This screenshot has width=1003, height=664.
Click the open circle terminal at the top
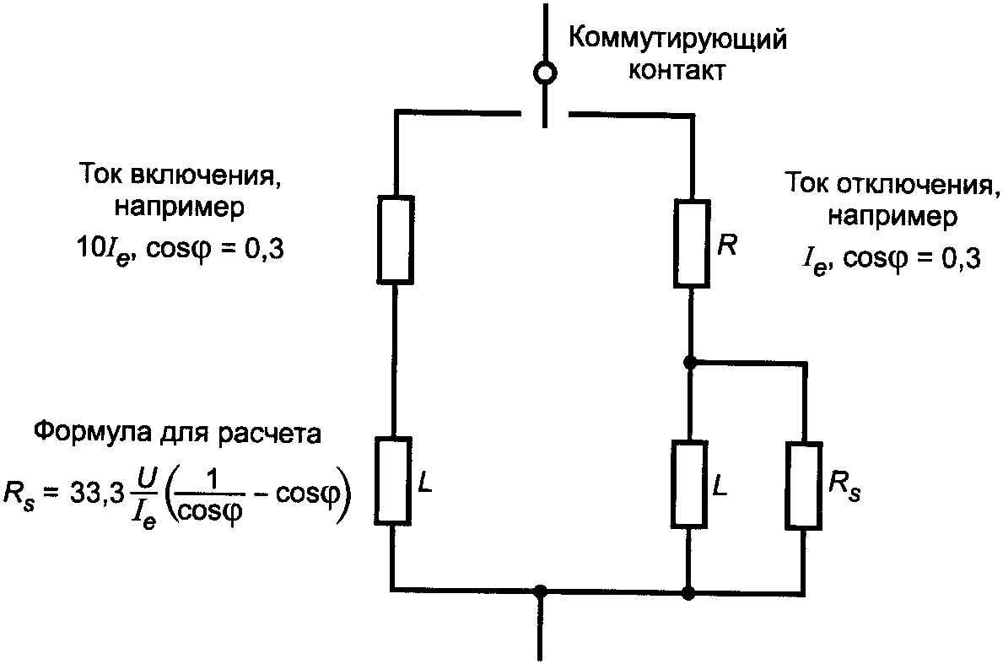point(546,73)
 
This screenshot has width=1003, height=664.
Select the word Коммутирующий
point(677,39)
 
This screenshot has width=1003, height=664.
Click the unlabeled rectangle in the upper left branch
point(395,239)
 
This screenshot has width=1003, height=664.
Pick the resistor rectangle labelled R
point(691,243)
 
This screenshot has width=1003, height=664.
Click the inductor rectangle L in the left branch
point(394,480)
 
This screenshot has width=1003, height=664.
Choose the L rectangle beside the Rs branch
point(691,484)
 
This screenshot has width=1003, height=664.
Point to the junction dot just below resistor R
point(690,362)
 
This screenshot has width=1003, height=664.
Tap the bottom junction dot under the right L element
point(690,591)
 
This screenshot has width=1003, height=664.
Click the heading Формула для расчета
point(177,435)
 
